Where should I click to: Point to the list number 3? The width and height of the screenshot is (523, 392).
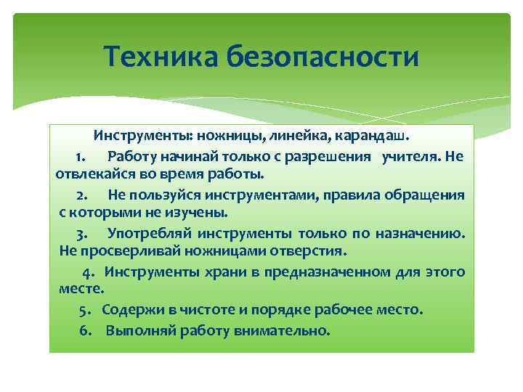pos(81,233)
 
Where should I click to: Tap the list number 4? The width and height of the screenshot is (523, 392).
pos(87,271)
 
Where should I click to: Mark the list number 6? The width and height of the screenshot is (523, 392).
pos(84,330)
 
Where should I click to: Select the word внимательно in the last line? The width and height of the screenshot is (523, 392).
pos(282,330)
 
